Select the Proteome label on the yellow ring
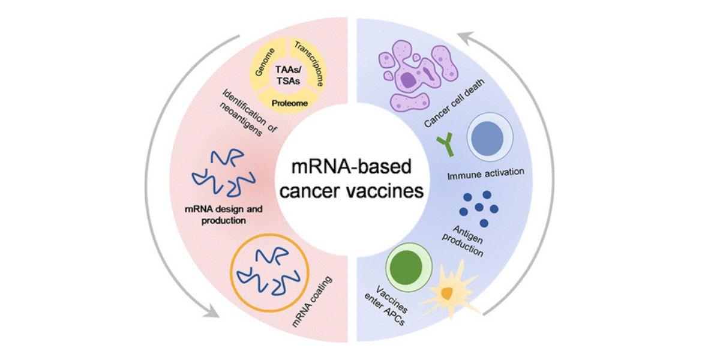click(290, 103)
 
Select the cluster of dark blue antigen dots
click(479, 208)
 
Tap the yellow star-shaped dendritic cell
click(447, 292)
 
